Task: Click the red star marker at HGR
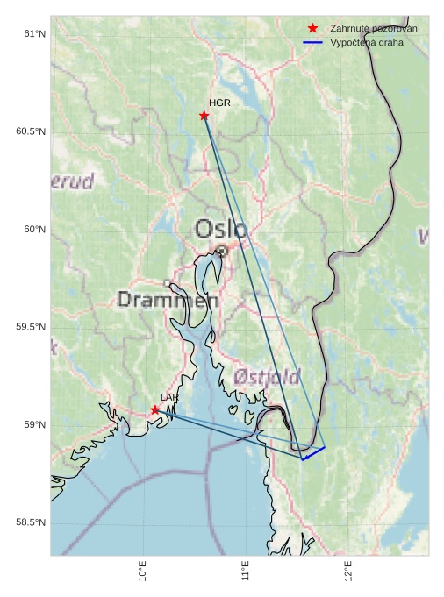(204, 116)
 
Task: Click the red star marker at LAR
(155, 409)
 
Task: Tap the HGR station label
(219, 103)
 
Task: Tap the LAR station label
(169, 398)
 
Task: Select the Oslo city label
(220, 230)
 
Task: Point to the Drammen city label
(168, 300)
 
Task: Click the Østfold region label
(267, 377)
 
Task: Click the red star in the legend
(312, 29)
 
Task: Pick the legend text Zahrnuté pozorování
(375, 29)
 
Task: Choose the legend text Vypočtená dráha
(367, 43)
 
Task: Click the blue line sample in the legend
(312, 43)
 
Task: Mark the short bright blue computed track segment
(313, 453)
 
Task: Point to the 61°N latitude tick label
(34, 34)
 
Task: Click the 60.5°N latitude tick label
(31, 132)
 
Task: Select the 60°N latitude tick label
(34, 230)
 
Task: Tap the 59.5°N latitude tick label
(31, 328)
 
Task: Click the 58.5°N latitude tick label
(31, 523)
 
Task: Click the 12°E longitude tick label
(348, 571)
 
